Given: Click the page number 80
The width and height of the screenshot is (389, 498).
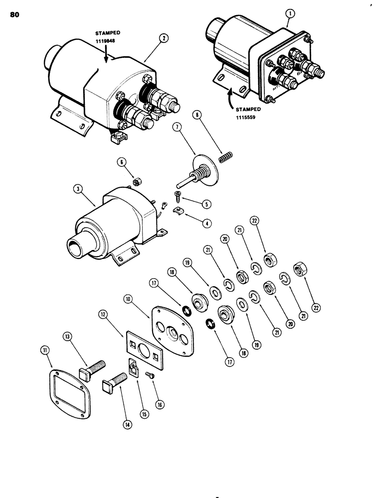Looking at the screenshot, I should point(14,15).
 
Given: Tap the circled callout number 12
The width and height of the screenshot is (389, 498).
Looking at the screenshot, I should point(102,314).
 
